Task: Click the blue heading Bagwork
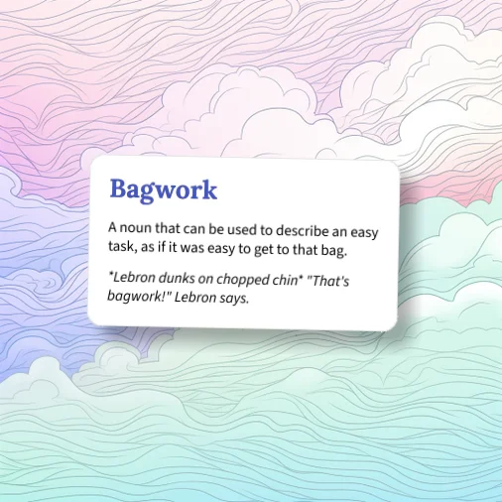[x=163, y=188]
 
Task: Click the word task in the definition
[x=123, y=247]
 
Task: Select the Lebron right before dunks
[x=130, y=279]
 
